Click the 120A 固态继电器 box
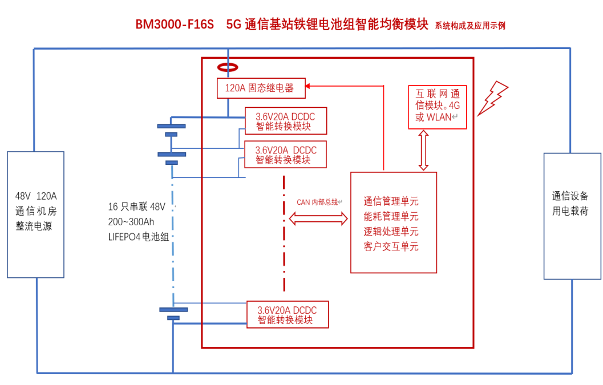click(261, 88)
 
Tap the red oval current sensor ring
click(228, 67)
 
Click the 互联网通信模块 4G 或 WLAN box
click(437, 107)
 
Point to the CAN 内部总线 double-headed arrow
click(318, 218)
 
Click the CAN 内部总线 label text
click(319, 202)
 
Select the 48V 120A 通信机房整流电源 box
click(35, 214)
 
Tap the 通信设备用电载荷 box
click(572, 216)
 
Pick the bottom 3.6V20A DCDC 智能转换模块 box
click(288, 314)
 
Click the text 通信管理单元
click(391, 201)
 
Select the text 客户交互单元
click(391, 247)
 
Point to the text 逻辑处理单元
click(391, 232)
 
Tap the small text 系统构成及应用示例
click(470, 26)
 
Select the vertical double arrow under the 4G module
click(423, 150)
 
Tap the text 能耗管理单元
click(391, 217)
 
